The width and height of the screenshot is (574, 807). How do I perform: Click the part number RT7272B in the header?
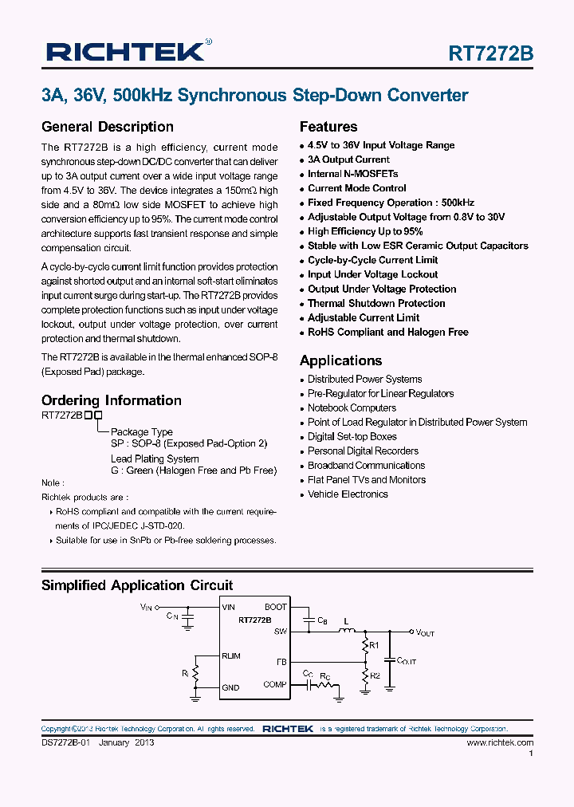click(x=491, y=53)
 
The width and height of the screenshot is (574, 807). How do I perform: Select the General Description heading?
click(x=107, y=127)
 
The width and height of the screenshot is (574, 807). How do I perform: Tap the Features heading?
click(x=328, y=127)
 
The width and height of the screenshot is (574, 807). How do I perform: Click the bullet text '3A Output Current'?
click(x=348, y=159)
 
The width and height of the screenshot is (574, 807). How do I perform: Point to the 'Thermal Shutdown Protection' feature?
click(x=376, y=303)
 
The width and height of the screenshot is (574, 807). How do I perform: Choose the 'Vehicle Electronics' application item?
click(x=348, y=494)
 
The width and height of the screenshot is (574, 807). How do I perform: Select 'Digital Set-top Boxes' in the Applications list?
click(x=352, y=437)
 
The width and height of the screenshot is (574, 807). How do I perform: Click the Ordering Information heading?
click(x=111, y=400)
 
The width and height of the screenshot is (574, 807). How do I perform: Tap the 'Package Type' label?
click(x=141, y=432)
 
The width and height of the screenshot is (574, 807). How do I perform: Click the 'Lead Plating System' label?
click(x=155, y=459)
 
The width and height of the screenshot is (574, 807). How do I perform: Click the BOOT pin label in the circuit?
click(x=275, y=608)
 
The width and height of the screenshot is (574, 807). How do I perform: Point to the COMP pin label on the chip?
click(x=275, y=685)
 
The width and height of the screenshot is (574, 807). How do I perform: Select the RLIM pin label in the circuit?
click(x=231, y=656)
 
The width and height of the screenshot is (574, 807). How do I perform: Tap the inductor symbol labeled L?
click(x=347, y=631)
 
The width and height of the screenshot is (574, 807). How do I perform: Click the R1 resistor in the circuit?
click(x=366, y=644)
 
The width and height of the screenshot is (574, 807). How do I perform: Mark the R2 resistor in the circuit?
click(x=366, y=675)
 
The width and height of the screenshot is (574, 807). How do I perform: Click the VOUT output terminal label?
click(x=424, y=632)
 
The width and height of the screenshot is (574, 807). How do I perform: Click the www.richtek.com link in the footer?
click(x=500, y=742)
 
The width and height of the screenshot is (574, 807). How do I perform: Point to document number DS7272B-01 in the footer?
click(x=67, y=742)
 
